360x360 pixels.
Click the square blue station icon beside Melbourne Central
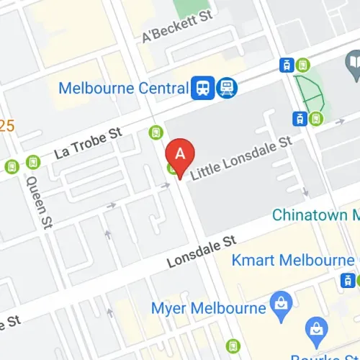point(201,88)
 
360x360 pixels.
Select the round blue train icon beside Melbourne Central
point(228,88)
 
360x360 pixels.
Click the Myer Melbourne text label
point(209,308)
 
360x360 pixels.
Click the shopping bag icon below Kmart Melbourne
point(315,332)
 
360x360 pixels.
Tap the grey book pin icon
point(352,68)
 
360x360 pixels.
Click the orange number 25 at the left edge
point(6,127)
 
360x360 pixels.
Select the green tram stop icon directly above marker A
point(156,132)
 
